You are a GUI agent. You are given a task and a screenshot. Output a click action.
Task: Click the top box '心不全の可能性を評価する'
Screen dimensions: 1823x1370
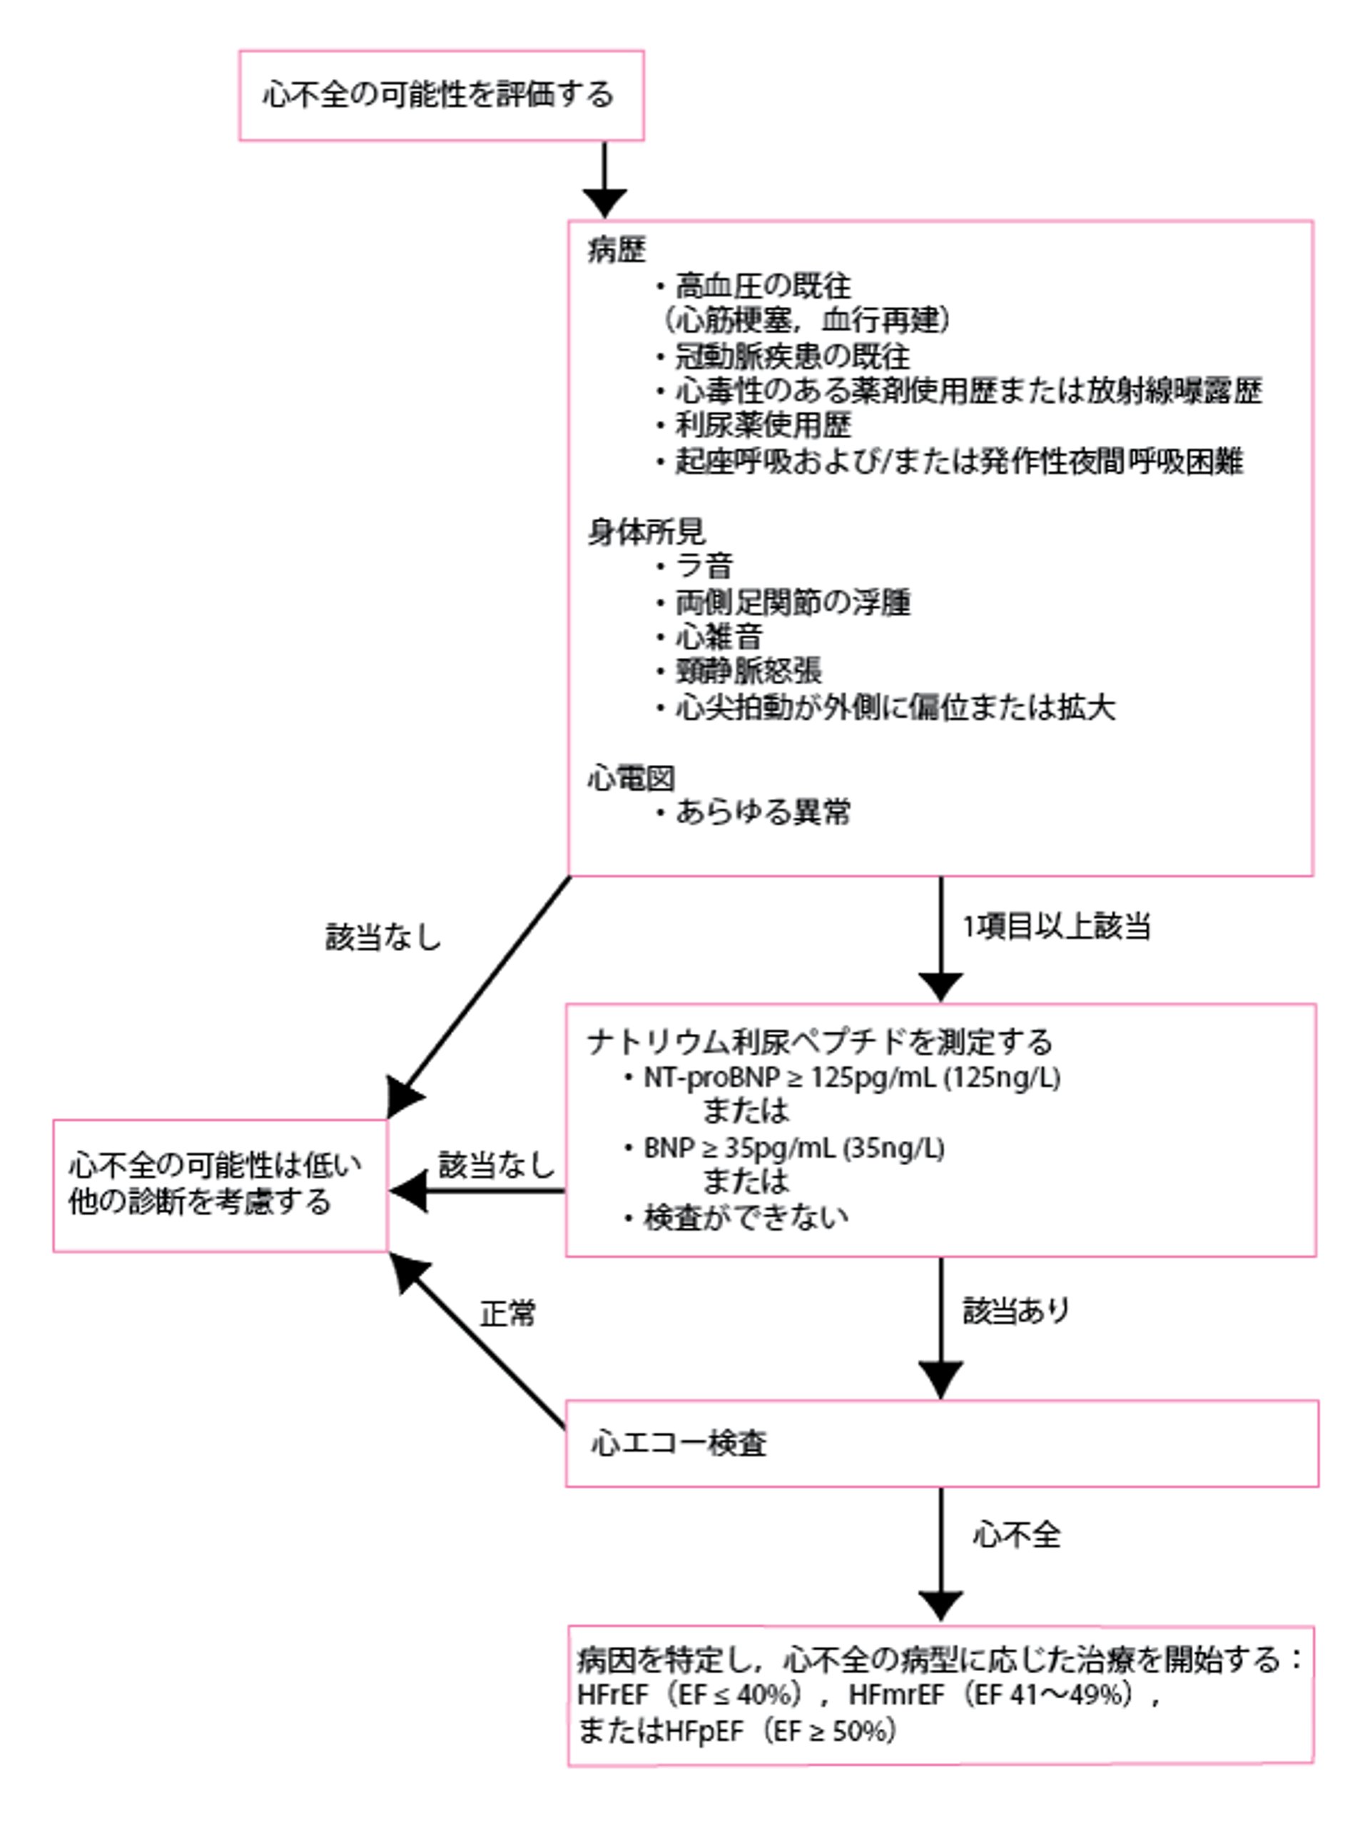coord(440,95)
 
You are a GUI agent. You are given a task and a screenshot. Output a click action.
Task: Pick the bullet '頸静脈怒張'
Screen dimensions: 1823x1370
coord(748,671)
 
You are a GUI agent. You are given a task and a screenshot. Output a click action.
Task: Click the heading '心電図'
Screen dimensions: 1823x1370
coord(631,777)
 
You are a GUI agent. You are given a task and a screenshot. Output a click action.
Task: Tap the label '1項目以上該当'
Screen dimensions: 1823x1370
coord(1056,926)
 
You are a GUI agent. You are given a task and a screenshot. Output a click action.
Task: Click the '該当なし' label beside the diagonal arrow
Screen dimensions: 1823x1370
coord(383,937)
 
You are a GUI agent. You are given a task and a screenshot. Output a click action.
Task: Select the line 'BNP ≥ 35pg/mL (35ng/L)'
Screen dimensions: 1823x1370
coord(793,1148)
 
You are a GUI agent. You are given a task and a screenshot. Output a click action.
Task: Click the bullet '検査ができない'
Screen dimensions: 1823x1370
coord(745,1217)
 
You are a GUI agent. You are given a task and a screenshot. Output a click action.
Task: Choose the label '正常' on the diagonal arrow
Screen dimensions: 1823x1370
coord(507,1314)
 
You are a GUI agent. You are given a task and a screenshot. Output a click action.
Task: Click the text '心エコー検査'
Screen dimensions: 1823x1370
coord(679,1443)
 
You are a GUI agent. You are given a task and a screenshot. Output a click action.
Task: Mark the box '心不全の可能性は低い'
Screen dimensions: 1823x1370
coord(219,1185)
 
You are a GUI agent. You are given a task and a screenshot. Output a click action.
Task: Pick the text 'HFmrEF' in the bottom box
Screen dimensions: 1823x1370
coord(895,1695)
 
